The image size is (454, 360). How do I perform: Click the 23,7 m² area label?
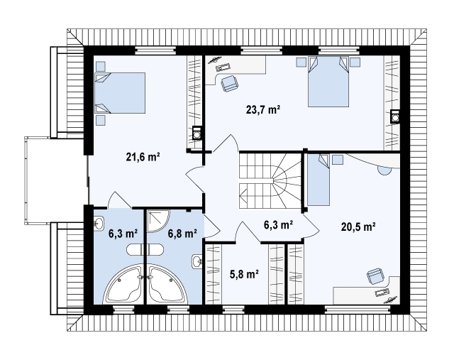(263, 110)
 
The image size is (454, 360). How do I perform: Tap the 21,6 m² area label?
(143, 157)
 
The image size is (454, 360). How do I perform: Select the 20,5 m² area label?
(358, 227)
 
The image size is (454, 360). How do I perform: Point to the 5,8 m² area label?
(244, 274)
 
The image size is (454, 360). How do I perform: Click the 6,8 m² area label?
(183, 234)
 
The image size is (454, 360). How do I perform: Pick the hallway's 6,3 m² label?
(278, 224)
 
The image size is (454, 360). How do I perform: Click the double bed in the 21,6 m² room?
(120, 93)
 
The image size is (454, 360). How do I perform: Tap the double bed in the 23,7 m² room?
(328, 82)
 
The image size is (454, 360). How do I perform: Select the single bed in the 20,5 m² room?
(319, 180)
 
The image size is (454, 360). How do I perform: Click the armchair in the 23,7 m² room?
(230, 84)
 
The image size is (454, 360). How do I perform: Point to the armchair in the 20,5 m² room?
(375, 276)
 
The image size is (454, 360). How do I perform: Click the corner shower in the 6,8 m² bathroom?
(158, 221)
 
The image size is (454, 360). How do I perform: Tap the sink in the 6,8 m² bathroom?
(197, 261)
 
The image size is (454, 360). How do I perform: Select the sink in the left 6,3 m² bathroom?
(99, 224)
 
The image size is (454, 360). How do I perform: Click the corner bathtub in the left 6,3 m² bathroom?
(123, 284)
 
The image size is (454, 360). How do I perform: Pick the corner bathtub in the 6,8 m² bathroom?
(167, 284)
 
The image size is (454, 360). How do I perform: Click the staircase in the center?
(270, 181)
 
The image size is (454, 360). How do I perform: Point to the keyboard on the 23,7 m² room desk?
(223, 68)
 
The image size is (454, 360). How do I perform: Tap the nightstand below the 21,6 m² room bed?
(101, 120)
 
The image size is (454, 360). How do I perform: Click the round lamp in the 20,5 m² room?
(384, 171)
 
